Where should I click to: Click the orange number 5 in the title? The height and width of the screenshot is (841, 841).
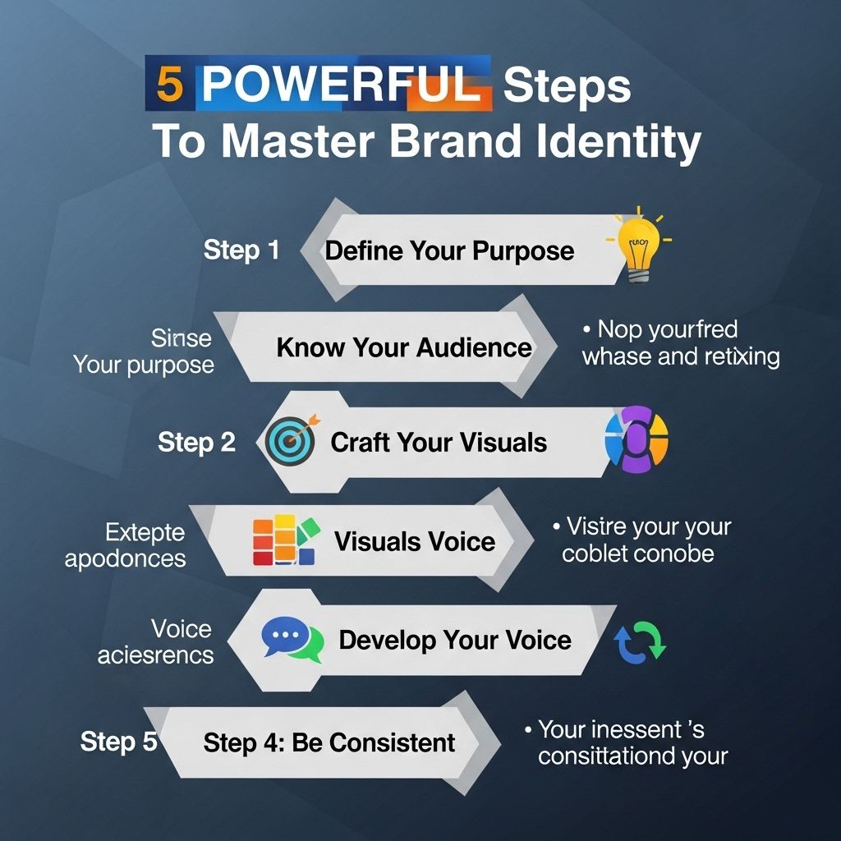(169, 85)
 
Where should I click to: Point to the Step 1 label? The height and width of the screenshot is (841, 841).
(241, 250)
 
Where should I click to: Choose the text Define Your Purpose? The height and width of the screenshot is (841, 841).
(449, 250)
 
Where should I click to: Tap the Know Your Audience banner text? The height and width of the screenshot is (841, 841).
(404, 347)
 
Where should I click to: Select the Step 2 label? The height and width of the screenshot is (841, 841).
(196, 443)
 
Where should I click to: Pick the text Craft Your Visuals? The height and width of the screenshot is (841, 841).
(439, 443)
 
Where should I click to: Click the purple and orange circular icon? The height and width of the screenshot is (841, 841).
(636, 439)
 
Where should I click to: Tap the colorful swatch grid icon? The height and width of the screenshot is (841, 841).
(283, 540)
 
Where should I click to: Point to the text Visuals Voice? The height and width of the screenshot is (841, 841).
(415, 541)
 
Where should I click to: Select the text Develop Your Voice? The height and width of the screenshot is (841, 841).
(455, 640)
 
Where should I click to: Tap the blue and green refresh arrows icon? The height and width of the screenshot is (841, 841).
(641, 641)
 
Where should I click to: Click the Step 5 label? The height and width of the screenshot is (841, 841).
(118, 742)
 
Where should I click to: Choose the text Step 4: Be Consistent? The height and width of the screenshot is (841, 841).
(329, 743)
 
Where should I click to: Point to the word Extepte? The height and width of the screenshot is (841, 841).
(145, 533)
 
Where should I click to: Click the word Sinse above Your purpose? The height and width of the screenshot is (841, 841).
(182, 338)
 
